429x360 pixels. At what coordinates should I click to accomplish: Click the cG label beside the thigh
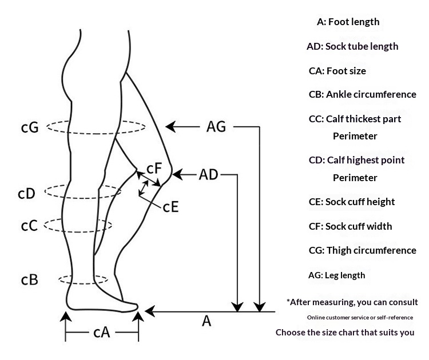click(x=30, y=127)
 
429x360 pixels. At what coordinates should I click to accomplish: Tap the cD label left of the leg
click(x=26, y=194)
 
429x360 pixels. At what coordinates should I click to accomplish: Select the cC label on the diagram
click(x=29, y=226)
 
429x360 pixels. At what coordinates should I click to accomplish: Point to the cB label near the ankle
click(x=30, y=279)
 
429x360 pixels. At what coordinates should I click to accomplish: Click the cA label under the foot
click(x=102, y=333)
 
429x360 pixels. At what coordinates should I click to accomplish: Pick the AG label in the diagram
click(x=216, y=127)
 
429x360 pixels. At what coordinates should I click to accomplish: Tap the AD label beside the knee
click(x=208, y=175)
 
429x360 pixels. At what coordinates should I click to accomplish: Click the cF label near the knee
click(x=154, y=168)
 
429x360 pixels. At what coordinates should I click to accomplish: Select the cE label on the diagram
click(x=170, y=207)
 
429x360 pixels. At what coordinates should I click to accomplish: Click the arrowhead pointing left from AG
click(x=170, y=127)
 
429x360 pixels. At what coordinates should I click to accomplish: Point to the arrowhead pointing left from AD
click(x=177, y=175)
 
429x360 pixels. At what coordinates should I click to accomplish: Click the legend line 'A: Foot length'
click(x=348, y=22)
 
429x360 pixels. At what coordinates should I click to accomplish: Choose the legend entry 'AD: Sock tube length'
click(x=352, y=46)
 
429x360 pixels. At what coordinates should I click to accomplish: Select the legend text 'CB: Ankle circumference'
click(x=363, y=95)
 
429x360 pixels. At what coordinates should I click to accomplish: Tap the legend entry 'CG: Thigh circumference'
click(x=363, y=250)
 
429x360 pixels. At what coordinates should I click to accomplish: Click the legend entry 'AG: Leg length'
click(x=337, y=275)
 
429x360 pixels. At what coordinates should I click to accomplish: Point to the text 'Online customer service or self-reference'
click(x=360, y=318)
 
